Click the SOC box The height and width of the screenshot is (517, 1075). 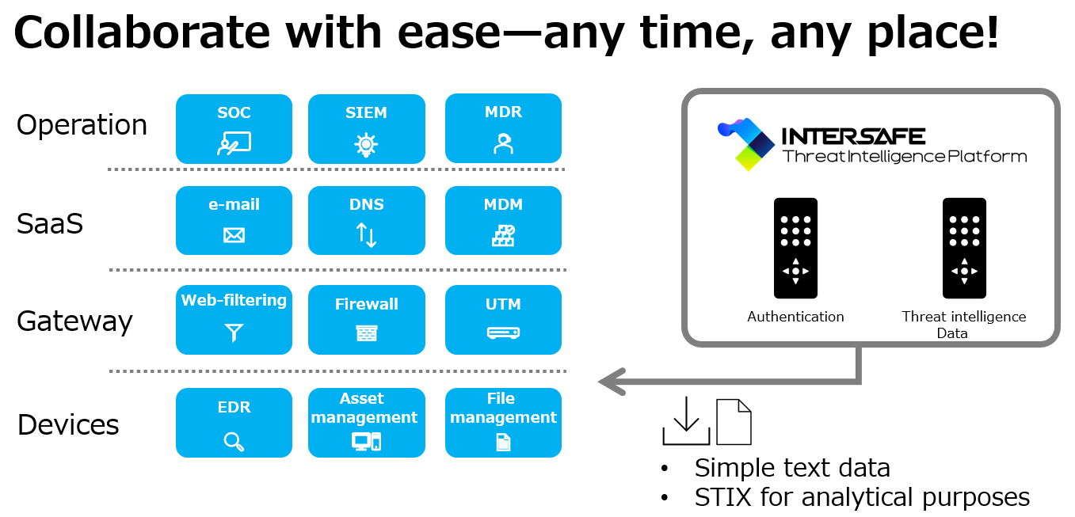(x=234, y=128)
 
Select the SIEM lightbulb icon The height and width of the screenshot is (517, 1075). (x=365, y=144)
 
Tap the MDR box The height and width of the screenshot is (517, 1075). (x=503, y=128)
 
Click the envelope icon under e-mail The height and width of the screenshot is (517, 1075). (x=234, y=235)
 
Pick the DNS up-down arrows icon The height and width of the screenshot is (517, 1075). (x=366, y=235)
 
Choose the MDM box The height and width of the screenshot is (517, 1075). (x=503, y=220)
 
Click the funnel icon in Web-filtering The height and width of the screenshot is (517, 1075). (x=234, y=333)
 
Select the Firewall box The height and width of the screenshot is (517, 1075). (x=366, y=320)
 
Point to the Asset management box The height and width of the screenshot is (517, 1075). (x=366, y=423)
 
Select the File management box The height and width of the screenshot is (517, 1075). (x=503, y=423)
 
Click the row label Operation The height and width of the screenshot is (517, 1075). (x=82, y=125)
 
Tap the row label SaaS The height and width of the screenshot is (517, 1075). (x=50, y=224)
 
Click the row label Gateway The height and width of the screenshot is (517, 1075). (x=74, y=321)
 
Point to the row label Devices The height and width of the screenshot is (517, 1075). (x=68, y=425)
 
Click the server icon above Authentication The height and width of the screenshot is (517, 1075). (x=795, y=248)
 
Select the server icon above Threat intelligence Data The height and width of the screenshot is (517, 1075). (x=964, y=248)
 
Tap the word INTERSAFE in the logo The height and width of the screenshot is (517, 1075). (x=853, y=136)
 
